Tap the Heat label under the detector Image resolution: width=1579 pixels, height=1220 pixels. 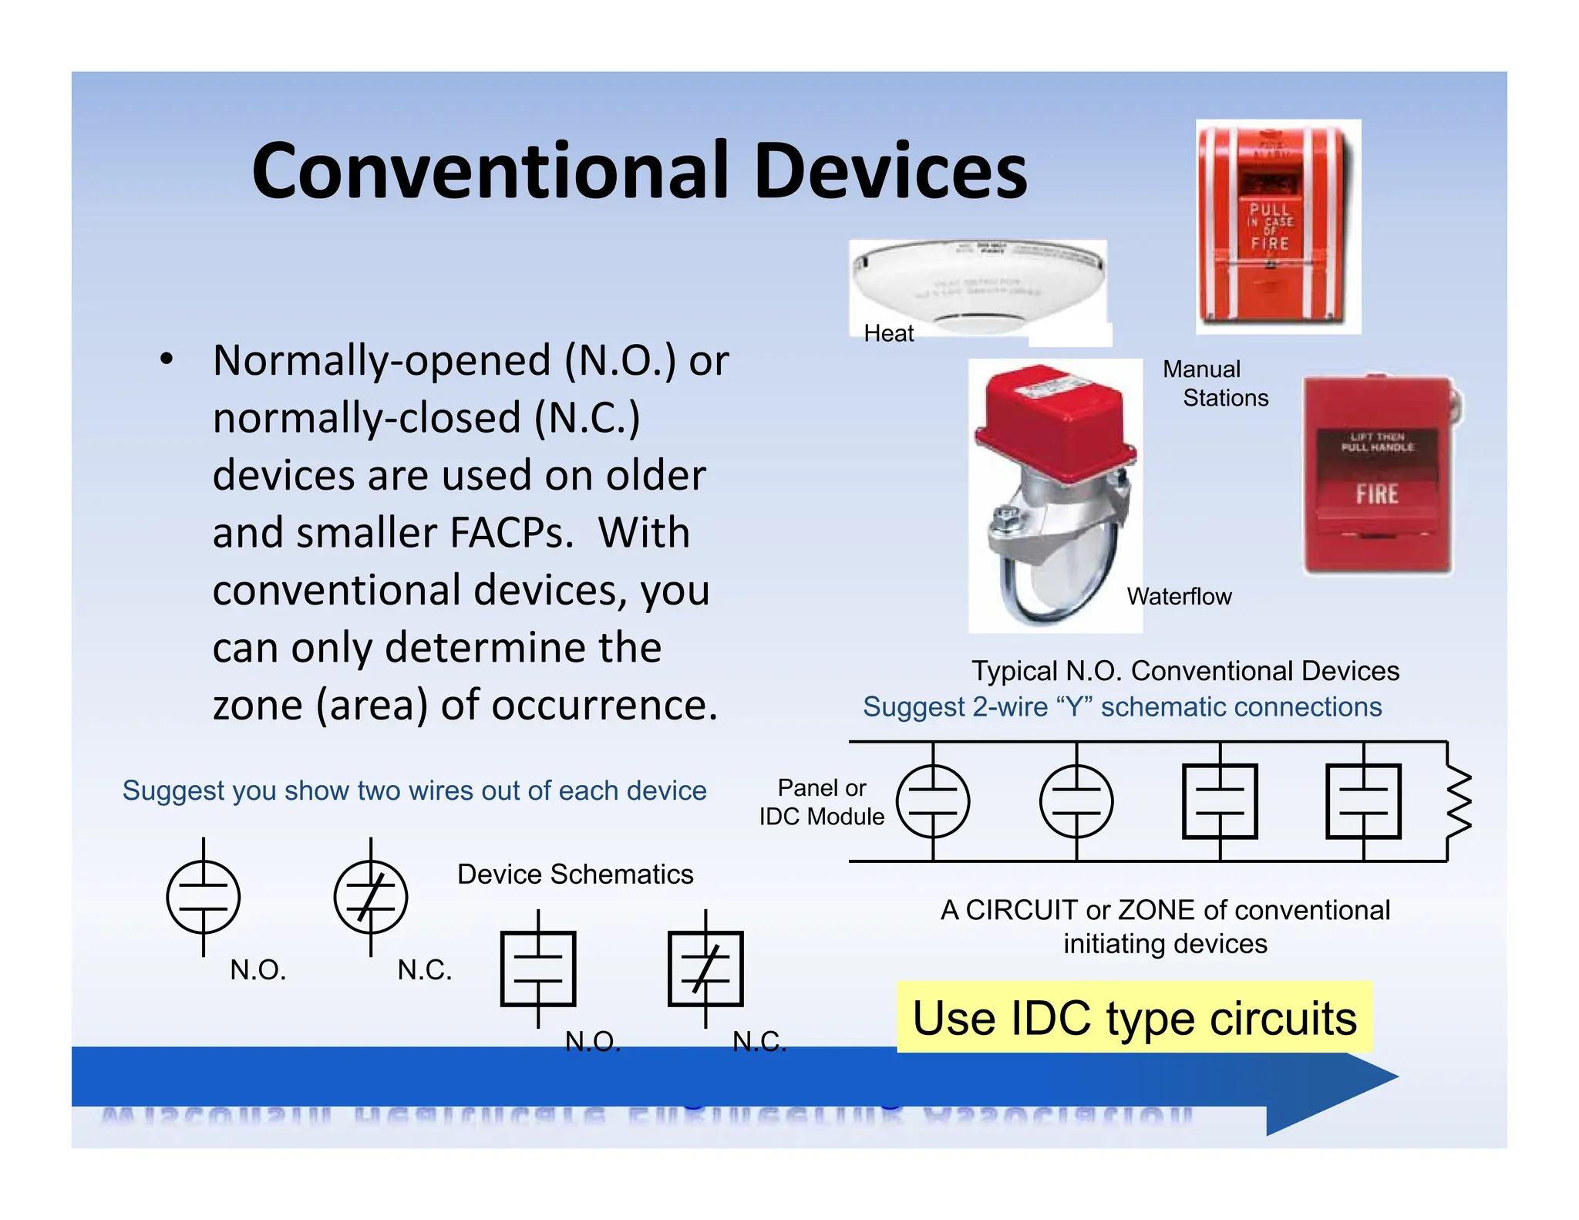888,333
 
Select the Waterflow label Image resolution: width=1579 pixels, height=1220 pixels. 1178,596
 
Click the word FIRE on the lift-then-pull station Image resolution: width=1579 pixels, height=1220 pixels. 1377,494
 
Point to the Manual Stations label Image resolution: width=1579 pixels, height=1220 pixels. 1214,383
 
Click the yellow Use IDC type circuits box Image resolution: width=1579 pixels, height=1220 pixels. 1134,1018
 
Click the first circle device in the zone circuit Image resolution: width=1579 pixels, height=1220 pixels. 933,801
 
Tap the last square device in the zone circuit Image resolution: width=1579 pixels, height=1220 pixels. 1363,801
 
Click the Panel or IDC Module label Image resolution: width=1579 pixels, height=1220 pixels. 821,802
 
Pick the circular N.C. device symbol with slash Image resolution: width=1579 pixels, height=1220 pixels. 371,897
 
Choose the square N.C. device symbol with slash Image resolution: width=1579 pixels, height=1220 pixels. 705,969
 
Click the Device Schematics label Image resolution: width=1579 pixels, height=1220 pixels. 574,875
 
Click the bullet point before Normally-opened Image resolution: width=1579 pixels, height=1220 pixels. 166,360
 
